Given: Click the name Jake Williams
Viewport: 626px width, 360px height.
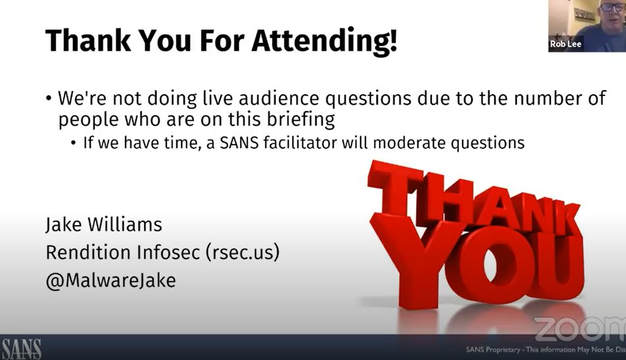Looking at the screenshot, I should point(103,224).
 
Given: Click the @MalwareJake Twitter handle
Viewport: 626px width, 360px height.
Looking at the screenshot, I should point(110,280).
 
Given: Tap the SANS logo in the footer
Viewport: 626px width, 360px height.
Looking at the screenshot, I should point(22,347).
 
